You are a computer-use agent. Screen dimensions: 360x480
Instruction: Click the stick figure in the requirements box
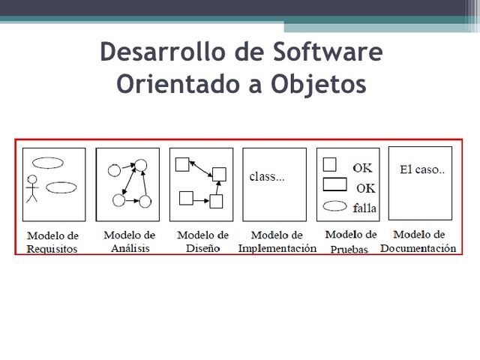31,189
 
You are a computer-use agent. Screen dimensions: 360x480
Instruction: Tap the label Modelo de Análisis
129,241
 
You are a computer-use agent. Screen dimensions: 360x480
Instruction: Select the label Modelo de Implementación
277,241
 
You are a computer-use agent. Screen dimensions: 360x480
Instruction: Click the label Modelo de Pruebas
350,242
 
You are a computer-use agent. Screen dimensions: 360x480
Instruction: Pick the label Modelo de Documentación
418,241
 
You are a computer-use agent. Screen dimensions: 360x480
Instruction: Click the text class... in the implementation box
266,178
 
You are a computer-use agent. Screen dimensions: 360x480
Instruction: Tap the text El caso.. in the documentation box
422,169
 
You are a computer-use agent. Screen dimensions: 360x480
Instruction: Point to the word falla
364,207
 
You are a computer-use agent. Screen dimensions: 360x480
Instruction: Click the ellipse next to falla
333,205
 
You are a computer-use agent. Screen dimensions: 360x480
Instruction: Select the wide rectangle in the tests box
334,184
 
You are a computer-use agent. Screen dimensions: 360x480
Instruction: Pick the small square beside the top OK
328,165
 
